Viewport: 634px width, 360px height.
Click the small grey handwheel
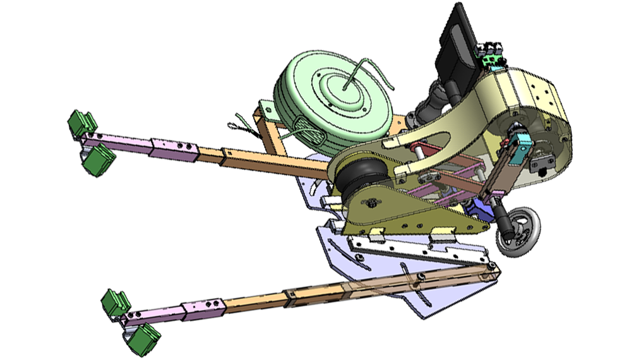click(518, 234)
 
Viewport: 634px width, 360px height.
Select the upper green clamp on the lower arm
click(116, 302)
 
